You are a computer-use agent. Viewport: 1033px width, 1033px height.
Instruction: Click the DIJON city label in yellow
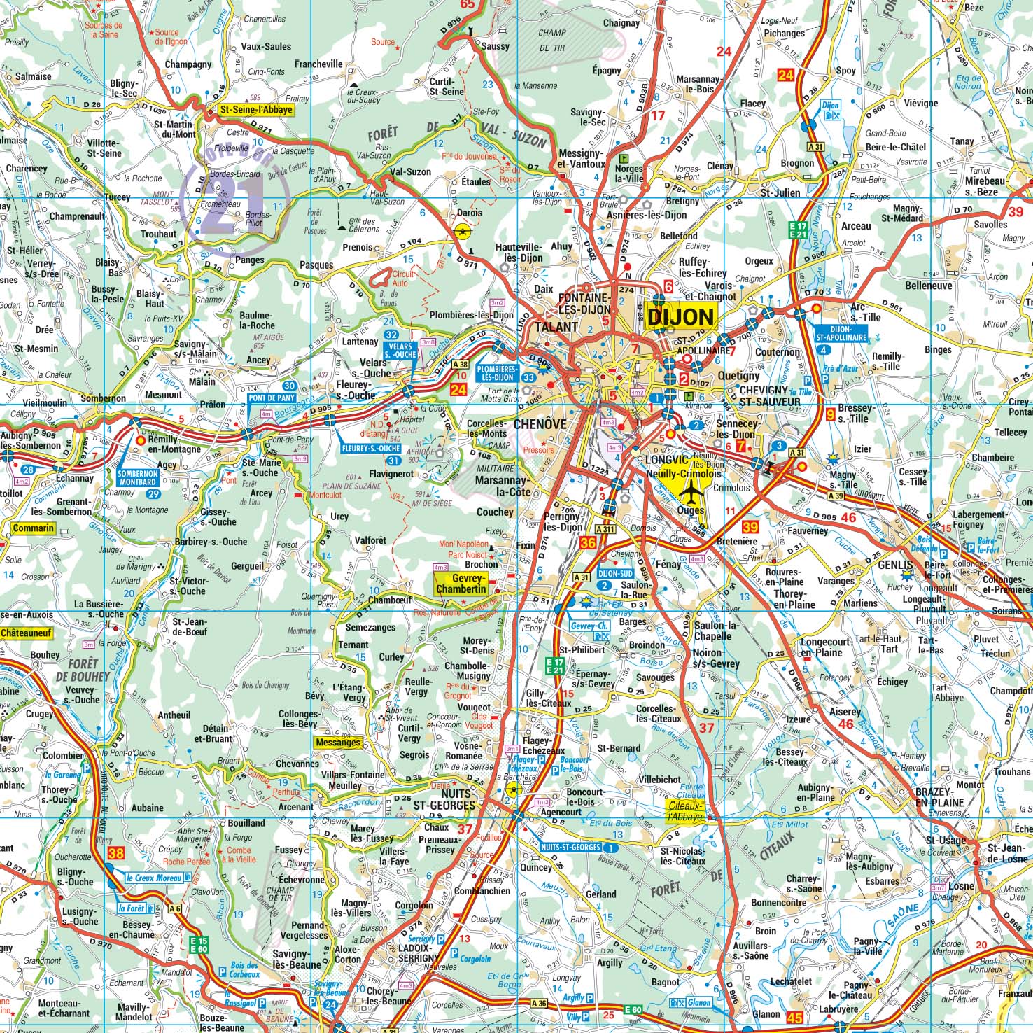pos(680,317)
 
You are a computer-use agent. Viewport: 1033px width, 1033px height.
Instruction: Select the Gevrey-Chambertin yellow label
pos(460,584)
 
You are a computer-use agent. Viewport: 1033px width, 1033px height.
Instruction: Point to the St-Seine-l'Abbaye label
pos(255,110)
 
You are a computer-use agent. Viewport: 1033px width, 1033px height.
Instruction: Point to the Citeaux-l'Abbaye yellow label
pos(684,811)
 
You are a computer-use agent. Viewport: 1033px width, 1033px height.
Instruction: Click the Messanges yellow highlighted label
pos(339,743)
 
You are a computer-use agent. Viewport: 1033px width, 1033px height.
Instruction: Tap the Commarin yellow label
pos(33,528)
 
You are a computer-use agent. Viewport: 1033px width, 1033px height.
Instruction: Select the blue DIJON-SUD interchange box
pos(616,573)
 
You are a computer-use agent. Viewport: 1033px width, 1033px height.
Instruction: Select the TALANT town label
pos(556,327)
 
